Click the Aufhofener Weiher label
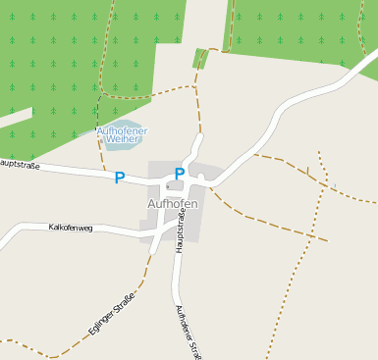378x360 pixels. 121,135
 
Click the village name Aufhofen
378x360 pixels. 172,203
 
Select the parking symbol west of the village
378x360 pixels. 120,178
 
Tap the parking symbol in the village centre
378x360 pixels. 180,174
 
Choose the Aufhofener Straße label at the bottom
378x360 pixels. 187,332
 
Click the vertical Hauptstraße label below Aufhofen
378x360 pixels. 182,231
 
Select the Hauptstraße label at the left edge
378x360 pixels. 19,164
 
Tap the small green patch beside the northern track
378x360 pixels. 200,58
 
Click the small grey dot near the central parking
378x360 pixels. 168,185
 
